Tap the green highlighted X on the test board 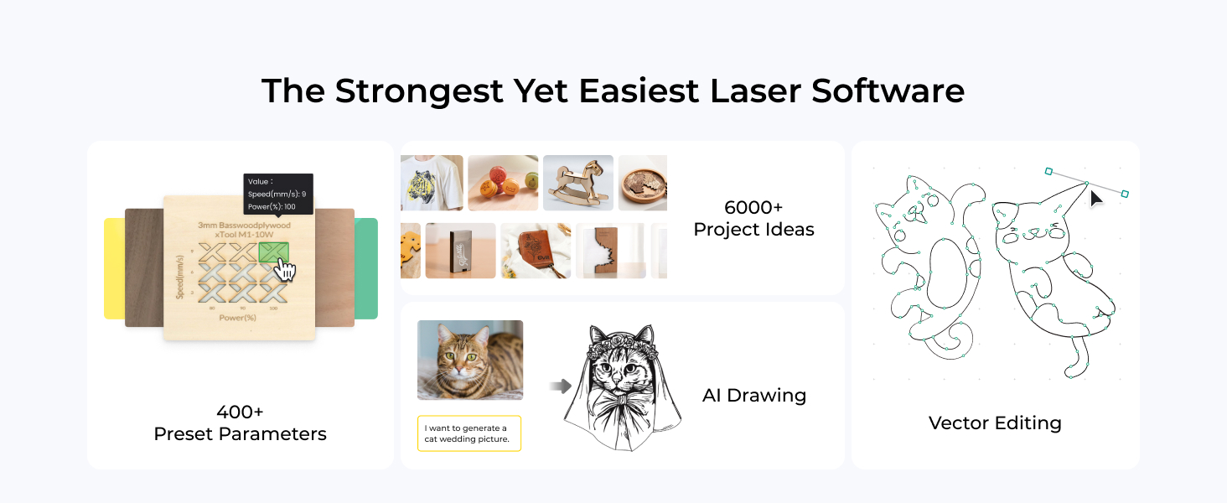[274, 251]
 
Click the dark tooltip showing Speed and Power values [278, 194]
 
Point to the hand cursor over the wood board [286, 268]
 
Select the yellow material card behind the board [114, 268]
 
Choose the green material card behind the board [366, 268]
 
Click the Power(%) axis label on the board [239, 317]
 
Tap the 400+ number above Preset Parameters [240, 412]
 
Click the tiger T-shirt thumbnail [432, 183]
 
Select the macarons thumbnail [503, 183]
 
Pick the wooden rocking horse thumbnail [577, 183]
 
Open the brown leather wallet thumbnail [536, 251]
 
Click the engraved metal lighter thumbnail [460, 251]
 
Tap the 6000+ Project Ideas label [753, 218]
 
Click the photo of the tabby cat [470, 360]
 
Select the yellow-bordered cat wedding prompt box [469, 433]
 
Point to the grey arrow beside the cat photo [560, 386]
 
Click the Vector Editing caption [995, 423]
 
